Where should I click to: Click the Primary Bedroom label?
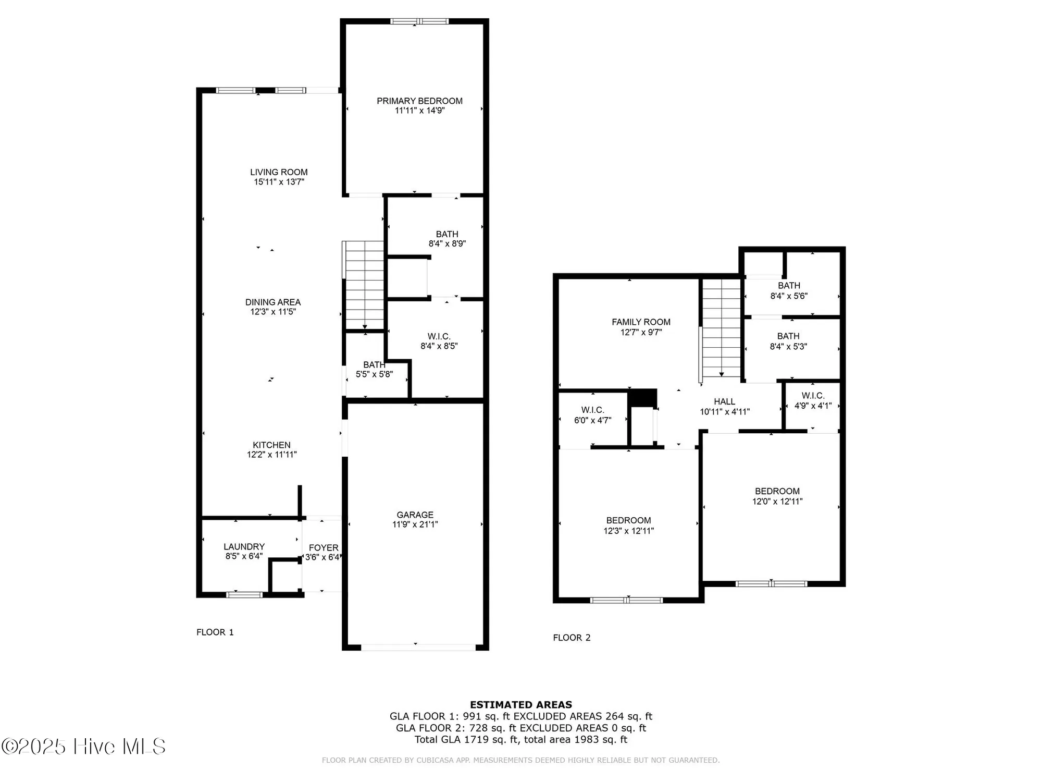click(419, 101)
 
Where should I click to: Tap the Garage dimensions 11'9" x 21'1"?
click(415, 524)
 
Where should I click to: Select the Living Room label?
click(279, 172)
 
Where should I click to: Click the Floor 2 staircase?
click(721, 328)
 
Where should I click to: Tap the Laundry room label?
click(244, 546)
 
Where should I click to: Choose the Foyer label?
click(324, 547)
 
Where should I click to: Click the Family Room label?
click(641, 322)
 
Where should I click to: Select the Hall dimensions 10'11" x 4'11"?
click(724, 412)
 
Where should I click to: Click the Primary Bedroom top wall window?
click(419, 21)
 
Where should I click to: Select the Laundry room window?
click(244, 594)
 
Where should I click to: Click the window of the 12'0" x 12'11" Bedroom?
click(771, 583)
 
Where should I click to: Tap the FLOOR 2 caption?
click(572, 638)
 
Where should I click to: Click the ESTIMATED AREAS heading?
click(520, 705)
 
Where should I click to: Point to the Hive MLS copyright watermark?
click(83, 747)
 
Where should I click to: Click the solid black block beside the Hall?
click(642, 398)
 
